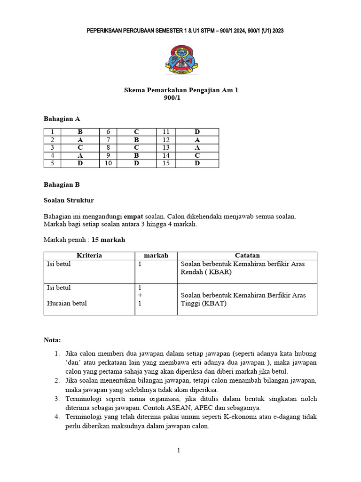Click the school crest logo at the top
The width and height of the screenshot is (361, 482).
point(181,59)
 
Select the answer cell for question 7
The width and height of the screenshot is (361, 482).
point(136,140)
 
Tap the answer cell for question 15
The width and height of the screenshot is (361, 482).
point(197,163)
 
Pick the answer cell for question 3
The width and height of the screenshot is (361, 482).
point(80,148)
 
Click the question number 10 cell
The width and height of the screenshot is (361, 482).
point(108,163)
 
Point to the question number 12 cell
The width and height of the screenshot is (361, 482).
point(166,140)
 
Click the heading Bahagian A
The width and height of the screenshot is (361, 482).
point(58,119)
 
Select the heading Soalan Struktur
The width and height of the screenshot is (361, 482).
point(69,200)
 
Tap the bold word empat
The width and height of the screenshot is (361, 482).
point(147,216)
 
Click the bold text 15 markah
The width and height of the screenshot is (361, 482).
point(109,240)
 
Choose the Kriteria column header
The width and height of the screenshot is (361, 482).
point(89,256)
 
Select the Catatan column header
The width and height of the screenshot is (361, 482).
point(247,256)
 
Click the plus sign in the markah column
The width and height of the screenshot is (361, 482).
point(140,295)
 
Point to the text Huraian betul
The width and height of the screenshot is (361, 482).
point(67,303)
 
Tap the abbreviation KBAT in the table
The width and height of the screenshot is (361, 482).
point(214,303)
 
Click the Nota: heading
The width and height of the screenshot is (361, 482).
point(52,340)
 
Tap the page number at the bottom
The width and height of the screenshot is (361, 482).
point(179,450)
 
